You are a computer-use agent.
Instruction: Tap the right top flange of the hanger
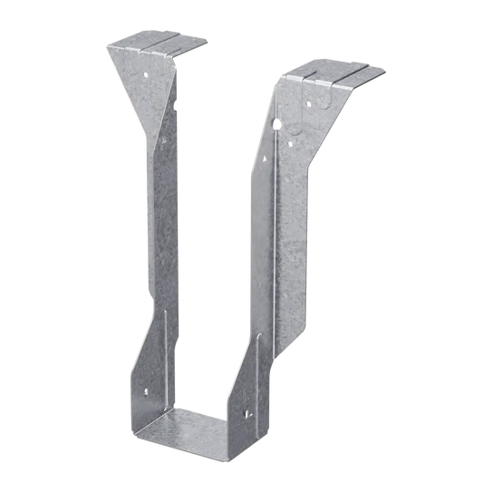pyautogui.click(x=335, y=72)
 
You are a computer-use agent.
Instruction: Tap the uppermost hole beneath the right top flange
pyautogui.click(x=307, y=90)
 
